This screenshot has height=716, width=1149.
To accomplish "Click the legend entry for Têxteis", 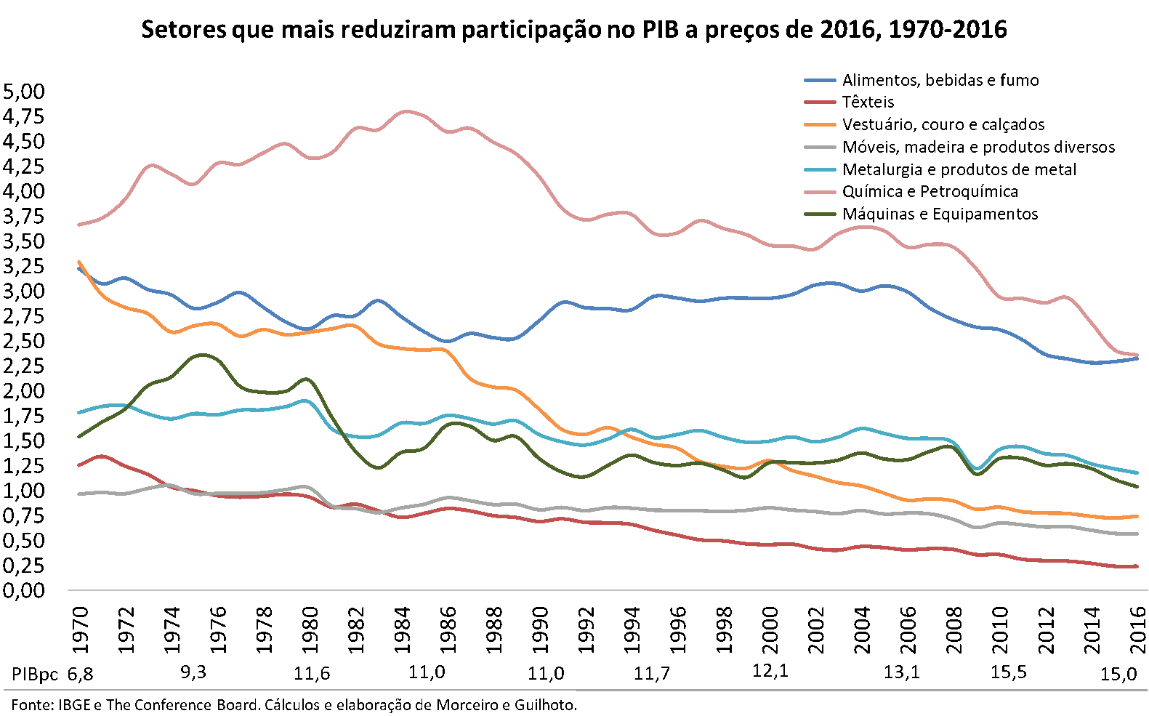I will pyautogui.click(x=868, y=102).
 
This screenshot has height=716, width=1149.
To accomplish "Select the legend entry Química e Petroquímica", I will pyautogui.click(x=930, y=192).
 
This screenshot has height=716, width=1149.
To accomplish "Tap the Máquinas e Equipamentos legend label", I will pyautogui.click(x=940, y=214).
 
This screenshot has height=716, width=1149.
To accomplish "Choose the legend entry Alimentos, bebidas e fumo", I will pyautogui.click(x=940, y=80).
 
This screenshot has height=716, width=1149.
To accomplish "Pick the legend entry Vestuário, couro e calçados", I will pyautogui.click(x=943, y=124).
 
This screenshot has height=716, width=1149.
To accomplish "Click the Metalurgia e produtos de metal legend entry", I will pyautogui.click(x=959, y=169).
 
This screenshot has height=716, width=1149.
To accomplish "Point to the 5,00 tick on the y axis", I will pyautogui.click(x=24, y=92).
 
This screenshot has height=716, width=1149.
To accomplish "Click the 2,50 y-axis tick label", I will pyautogui.click(x=24, y=341).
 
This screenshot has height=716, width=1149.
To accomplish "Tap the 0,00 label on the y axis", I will pyautogui.click(x=24, y=590).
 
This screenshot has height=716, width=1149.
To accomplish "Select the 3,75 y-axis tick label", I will pyautogui.click(x=24, y=217).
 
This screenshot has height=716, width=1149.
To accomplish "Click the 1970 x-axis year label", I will pyautogui.click(x=80, y=629).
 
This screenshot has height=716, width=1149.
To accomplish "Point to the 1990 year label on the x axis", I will pyautogui.click(x=540, y=629).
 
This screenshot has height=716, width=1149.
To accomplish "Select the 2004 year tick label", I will pyautogui.click(x=862, y=629).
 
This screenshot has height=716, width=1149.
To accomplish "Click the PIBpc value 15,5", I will pyautogui.click(x=1009, y=672).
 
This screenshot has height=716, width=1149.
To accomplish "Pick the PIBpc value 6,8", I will pyautogui.click(x=80, y=674).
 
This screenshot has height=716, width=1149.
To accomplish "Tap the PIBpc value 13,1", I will pyautogui.click(x=901, y=672).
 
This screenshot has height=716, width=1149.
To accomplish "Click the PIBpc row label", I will pyautogui.click(x=35, y=674).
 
